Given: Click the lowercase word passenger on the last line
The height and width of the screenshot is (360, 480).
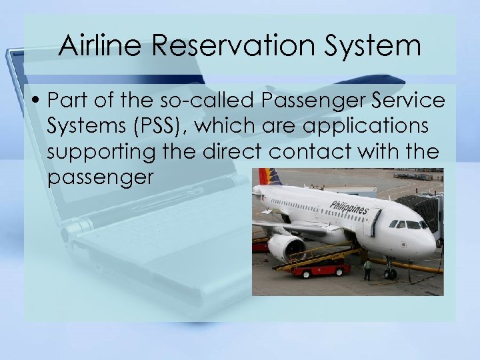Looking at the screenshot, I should (x=101, y=177).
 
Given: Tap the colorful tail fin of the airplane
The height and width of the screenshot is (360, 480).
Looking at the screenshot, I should (x=272, y=177).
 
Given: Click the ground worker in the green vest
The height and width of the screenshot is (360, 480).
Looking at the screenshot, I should (x=367, y=268).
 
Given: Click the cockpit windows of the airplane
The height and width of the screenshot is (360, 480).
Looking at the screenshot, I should (x=408, y=225).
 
